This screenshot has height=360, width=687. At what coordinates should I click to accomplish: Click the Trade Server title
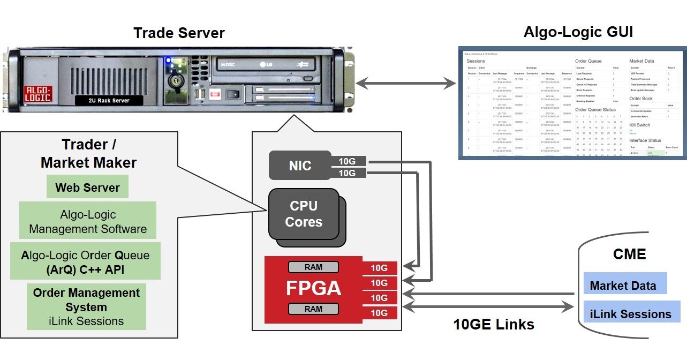(179, 33)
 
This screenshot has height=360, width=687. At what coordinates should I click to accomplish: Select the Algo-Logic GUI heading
(578, 32)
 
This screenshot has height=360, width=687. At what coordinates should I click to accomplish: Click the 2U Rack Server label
(109, 100)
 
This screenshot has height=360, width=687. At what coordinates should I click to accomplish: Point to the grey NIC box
(300, 166)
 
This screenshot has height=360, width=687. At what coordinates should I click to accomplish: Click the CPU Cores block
(304, 214)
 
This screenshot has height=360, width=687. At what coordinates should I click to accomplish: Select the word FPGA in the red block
(313, 289)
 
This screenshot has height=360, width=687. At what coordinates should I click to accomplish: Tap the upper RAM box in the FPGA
(313, 267)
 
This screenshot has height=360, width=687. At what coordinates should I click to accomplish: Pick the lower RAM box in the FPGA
(313, 309)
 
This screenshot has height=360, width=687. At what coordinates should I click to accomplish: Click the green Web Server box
(87, 187)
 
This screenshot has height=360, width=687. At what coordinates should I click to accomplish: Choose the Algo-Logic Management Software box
(88, 221)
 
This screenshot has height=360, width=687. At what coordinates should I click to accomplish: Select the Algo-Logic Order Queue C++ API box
(86, 262)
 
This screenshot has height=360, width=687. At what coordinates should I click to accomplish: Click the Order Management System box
(86, 307)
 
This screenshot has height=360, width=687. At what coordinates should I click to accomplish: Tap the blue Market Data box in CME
(624, 286)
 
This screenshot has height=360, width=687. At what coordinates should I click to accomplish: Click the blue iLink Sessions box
(630, 314)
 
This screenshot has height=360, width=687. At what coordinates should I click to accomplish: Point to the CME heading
(629, 254)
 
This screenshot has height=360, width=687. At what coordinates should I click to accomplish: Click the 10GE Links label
(493, 324)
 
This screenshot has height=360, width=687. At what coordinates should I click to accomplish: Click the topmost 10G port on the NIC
(348, 160)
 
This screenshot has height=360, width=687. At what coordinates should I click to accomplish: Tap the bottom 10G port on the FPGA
(379, 313)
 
